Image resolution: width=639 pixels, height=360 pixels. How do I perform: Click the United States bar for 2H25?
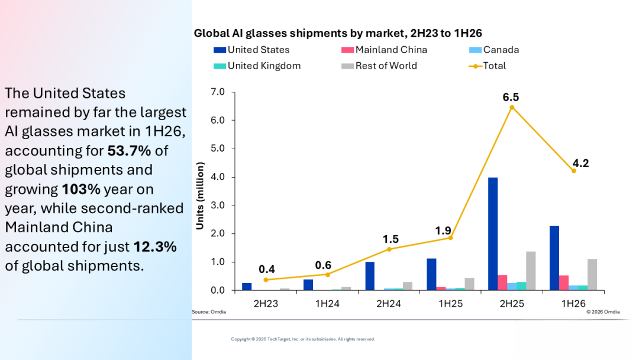tap(493, 234)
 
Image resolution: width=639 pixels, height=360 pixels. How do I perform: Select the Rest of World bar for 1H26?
tap(592, 275)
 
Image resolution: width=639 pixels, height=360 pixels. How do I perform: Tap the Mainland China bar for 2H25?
tap(502, 282)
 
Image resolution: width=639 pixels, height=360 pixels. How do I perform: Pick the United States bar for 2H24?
tap(370, 276)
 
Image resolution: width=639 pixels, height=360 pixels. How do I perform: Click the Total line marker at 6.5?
tap(512, 108)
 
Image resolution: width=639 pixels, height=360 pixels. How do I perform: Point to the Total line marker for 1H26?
tap(574, 171)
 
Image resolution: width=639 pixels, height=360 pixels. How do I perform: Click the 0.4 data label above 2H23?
tap(266, 269)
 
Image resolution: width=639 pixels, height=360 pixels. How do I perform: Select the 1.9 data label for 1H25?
tap(443, 231)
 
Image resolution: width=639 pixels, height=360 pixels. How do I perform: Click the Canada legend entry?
tap(494, 50)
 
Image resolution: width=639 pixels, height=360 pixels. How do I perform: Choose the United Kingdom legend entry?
tap(257, 66)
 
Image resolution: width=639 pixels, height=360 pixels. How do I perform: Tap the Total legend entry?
tap(488, 66)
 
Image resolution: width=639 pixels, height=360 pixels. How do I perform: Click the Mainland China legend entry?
tap(385, 50)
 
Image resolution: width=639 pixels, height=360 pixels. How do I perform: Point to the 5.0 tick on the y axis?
tap(218, 149)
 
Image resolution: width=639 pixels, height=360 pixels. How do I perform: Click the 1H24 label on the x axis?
tap(327, 304)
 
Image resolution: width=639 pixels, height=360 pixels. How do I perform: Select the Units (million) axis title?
tap(200, 196)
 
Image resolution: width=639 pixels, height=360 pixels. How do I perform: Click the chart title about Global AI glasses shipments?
tap(338, 33)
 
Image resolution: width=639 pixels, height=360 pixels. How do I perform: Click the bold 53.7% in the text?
tap(129, 151)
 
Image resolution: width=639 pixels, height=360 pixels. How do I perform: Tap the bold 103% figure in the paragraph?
tap(81, 189)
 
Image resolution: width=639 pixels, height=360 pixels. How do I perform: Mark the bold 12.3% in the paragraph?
tap(155, 247)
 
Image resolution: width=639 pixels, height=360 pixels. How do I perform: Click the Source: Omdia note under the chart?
tap(209, 312)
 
